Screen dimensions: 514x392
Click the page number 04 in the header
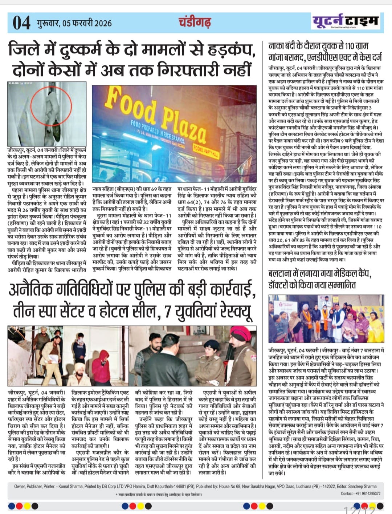coord(21,23)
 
